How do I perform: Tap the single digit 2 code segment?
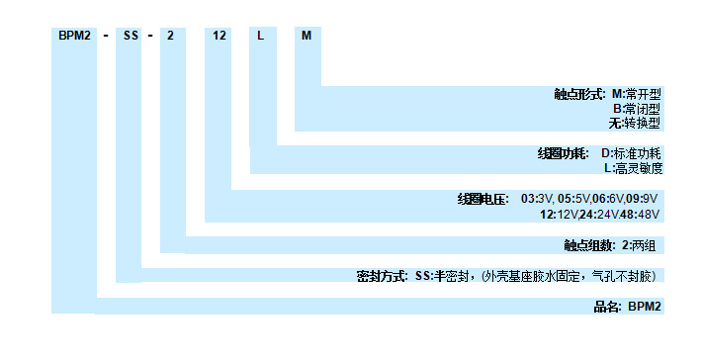tap(171, 36)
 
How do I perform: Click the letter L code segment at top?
tap(260, 36)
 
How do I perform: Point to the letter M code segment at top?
tap(307, 36)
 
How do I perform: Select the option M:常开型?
tap(636, 94)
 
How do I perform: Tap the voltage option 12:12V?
tap(559, 214)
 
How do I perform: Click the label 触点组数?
tap(585, 244)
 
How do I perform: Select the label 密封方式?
tap(382, 276)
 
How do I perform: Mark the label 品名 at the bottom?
tap(605, 307)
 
